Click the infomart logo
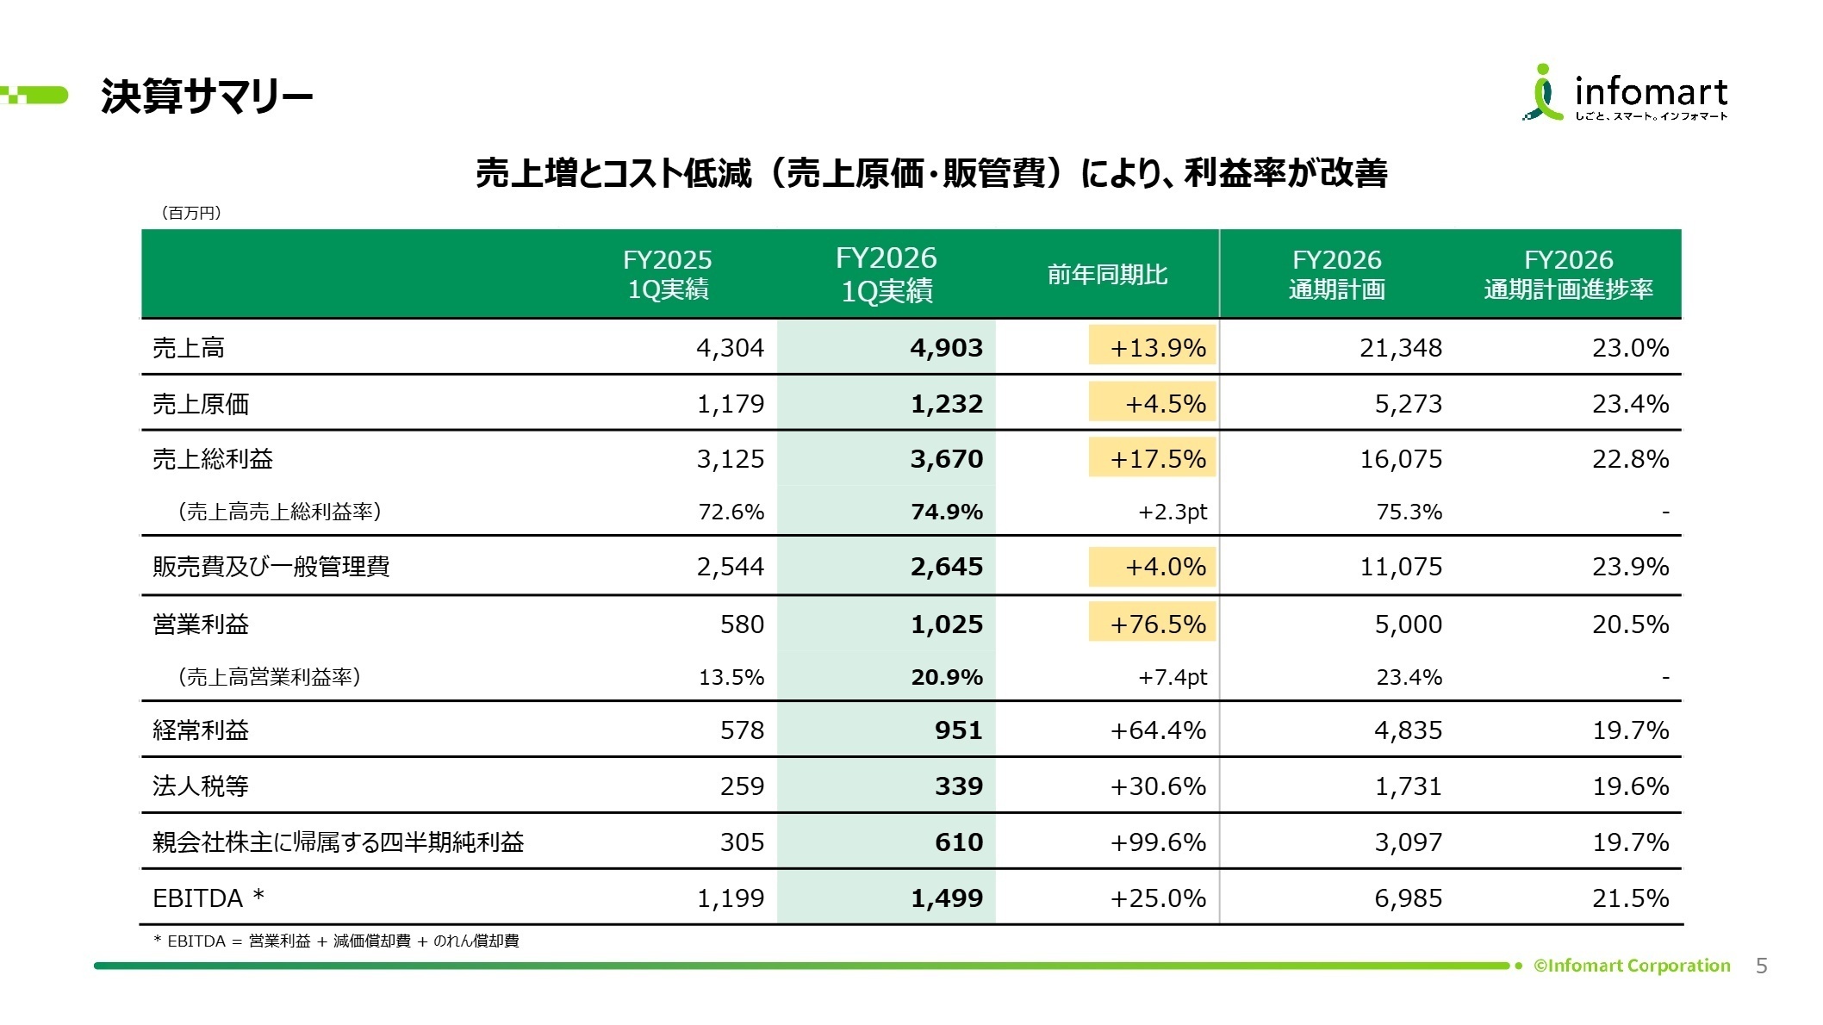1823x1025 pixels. click(1626, 92)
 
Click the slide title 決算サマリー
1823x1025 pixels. click(207, 96)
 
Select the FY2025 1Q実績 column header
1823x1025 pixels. click(668, 274)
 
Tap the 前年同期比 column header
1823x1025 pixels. click(1107, 275)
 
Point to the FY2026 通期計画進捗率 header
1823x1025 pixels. click(1568, 274)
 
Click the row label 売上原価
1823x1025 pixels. click(201, 403)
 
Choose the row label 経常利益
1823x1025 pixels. click(201, 730)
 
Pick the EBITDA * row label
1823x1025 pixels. click(208, 898)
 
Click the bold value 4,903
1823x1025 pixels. click(946, 347)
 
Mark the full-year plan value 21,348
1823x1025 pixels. click(1401, 347)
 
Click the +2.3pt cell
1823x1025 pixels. click(1173, 512)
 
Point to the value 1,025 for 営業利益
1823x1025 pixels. click(946, 624)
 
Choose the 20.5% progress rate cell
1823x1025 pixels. click(1630, 624)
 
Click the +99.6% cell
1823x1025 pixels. click(1158, 842)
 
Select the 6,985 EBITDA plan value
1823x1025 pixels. click(1408, 898)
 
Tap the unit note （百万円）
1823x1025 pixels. click(191, 213)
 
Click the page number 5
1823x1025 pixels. click(1761, 966)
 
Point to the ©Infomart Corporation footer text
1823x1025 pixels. click(1632, 966)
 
